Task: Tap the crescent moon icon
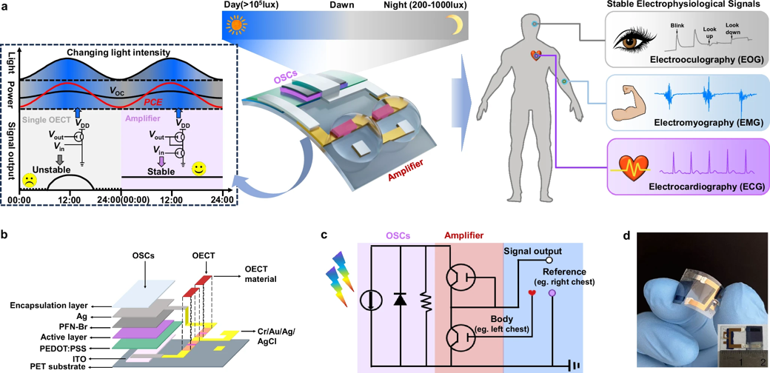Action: (446, 27)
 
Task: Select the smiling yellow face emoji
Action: (198, 169)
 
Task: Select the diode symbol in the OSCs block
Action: (401, 298)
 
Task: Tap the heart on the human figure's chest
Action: (536, 56)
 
